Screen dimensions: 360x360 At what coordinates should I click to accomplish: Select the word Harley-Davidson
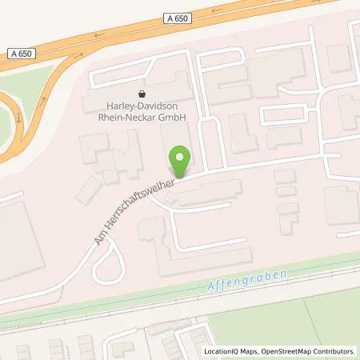[x=143, y=106]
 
